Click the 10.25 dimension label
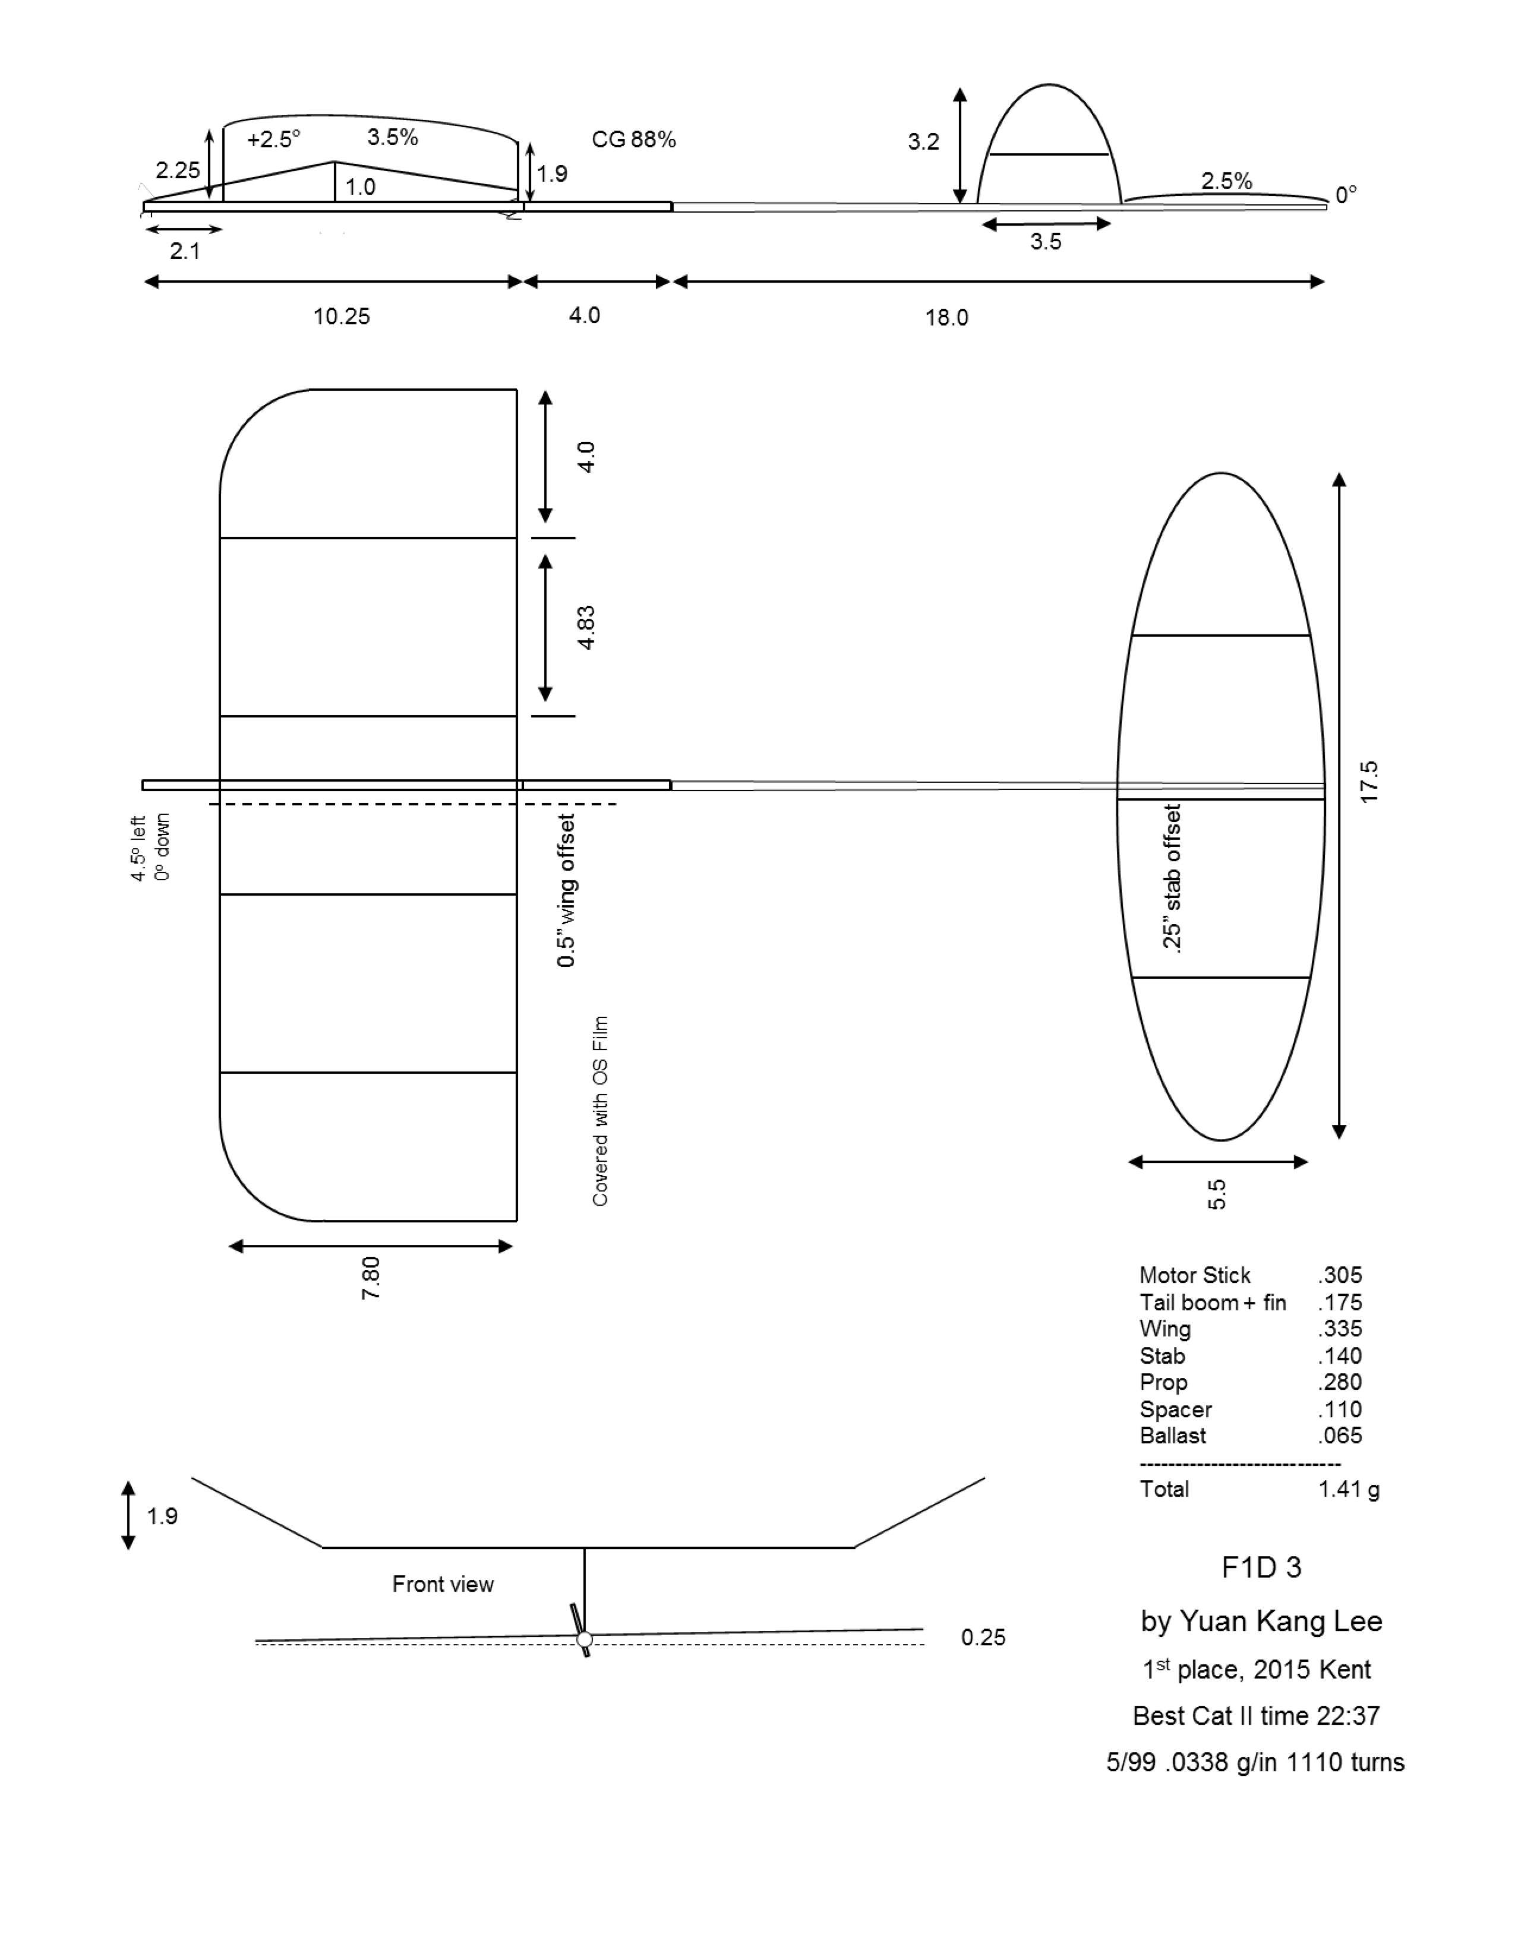click(x=341, y=316)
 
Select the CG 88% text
click(x=634, y=139)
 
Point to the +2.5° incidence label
click(x=274, y=139)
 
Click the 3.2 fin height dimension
click(x=923, y=141)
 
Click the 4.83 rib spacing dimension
click(x=585, y=627)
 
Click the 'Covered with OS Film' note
click(x=599, y=1110)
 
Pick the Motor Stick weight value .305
click(x=1340, y=1275)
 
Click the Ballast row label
click(x=1172, y=1435)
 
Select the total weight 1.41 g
click(x=1348, y=1489)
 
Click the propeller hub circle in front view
click(x=584, y=1640)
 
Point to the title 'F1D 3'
click(x=1261, y=1567)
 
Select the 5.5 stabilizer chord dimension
click(x=1216, y=1194)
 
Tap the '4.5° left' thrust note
click(x=138, y=848)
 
